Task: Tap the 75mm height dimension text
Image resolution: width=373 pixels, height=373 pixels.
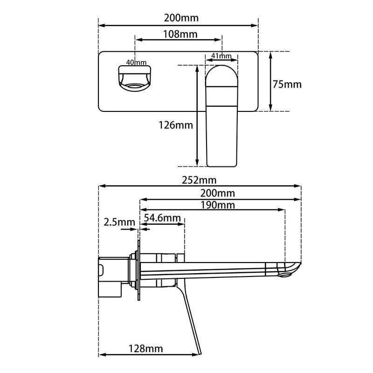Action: point(287,84)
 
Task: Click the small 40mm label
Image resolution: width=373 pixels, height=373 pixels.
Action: point(136,62)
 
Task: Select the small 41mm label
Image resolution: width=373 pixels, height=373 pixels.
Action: point(221,56)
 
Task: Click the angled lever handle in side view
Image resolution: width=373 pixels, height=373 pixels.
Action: point(193,322)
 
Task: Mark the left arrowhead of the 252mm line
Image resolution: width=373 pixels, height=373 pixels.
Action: point(101,186)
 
